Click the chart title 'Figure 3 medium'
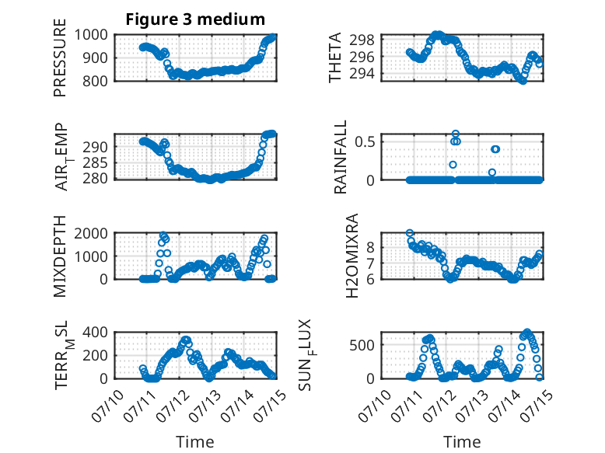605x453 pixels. (195, 19)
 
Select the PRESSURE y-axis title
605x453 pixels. (60, 57)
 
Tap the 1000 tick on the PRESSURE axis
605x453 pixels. (91, 35)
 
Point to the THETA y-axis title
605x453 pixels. (335, 57)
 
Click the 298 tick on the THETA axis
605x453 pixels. (362, 40)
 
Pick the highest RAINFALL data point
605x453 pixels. (456, 134)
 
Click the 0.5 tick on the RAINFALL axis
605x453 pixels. (365, 141)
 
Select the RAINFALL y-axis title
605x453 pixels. (341, 157)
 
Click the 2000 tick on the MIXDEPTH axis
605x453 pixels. (91, 233)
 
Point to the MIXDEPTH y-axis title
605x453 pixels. (60, 256)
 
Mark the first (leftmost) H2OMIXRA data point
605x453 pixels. (410, 233)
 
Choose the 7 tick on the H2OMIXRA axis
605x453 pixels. (370, 263)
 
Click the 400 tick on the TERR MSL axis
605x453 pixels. (96, 333)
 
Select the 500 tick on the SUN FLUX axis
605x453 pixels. (362, 345)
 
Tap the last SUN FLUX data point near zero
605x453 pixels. (539, 378)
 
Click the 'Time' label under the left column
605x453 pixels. (195, 442)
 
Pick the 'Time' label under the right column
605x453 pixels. (462, 442)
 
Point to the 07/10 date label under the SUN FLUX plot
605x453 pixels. (374, 406)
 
